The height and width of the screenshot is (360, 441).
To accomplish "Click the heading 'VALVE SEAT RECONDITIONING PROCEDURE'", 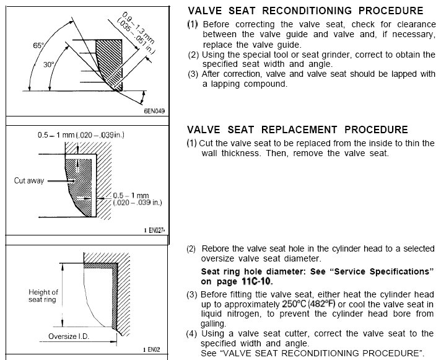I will [306, 11].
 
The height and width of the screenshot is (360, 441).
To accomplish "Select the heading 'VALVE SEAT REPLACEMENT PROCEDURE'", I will [297, 130].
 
